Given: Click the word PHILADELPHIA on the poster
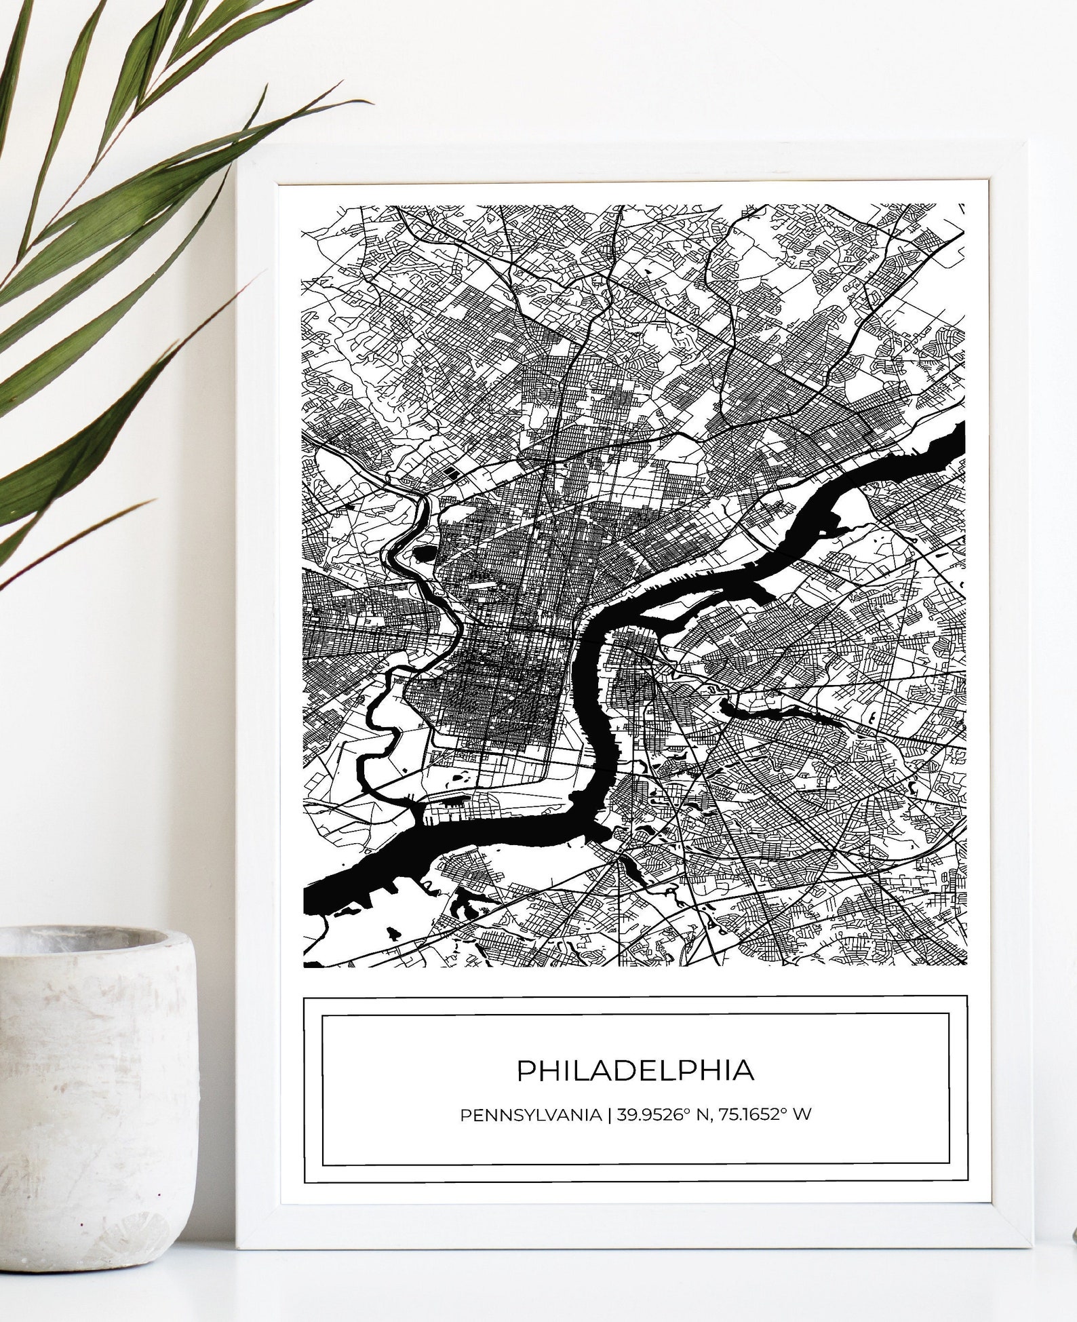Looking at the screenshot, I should pyautogui.click(x=635, y=1071).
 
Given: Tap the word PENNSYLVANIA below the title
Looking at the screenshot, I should pyautogui.click(x=530, y=1115).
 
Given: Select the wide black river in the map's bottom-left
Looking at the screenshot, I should pyautogui.click(x=380, y=868).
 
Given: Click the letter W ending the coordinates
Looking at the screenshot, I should pyautogui.click(x=802, y=1115).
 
